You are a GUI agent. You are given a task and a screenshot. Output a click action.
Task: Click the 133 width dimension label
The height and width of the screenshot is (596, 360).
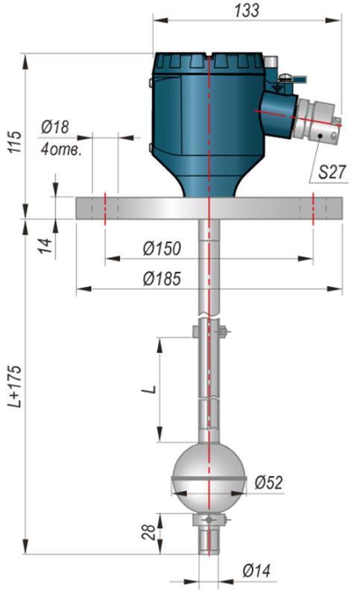tap(247, 10)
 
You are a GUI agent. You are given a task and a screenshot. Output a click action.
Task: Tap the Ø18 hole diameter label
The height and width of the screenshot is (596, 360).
tap(55, 127)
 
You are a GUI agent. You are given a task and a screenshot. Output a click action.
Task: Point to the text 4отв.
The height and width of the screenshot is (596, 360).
tap(61, 150)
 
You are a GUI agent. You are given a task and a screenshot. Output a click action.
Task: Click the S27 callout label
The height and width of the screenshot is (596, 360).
tap(332, 172)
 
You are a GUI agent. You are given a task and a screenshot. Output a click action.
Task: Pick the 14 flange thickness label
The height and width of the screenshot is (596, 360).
tap(45, 247)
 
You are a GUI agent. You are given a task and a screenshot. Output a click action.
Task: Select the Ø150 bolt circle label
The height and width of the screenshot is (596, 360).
tap(162, 248)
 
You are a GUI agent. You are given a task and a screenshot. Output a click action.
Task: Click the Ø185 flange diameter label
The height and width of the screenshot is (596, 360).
tap(162, 279)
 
